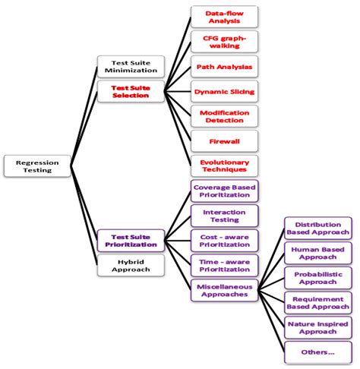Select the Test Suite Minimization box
129,66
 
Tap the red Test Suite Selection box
129,92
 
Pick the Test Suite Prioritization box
129,241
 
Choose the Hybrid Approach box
129,265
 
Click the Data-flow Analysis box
223,17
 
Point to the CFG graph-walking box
223,41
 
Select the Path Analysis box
223,67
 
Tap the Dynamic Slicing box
223,92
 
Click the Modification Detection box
223,116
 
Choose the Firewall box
223,141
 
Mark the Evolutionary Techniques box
223,166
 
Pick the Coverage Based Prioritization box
223,191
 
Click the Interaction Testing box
223,216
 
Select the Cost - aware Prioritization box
223,240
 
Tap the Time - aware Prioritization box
223,265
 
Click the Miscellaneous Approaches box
223,289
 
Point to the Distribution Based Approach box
317,228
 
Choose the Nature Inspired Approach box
317,327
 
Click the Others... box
317,352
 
